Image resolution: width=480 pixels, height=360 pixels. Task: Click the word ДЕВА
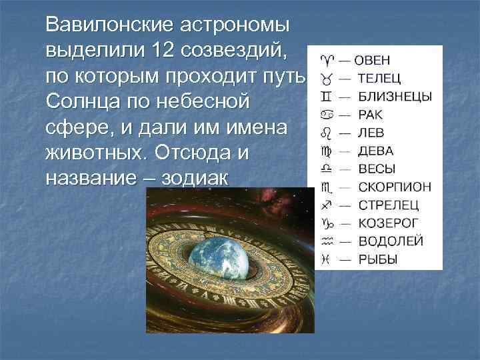(x=375, y=151)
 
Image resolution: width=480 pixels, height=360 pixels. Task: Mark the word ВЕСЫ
(x=376, y=169)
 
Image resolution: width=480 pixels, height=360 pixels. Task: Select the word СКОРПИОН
(x=394, y=187)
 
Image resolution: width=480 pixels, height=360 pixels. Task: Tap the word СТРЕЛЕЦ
(x=389, y=205)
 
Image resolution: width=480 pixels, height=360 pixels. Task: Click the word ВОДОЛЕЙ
(x=390, y=241)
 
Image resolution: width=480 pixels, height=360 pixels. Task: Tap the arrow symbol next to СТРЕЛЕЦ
(x=326, y=205)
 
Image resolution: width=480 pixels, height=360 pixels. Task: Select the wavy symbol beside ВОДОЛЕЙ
(x=326, y=241)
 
